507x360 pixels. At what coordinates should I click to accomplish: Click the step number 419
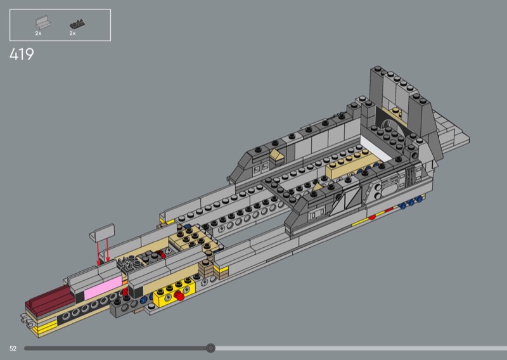coord(22,54)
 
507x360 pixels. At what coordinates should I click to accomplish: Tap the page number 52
coord(13,349)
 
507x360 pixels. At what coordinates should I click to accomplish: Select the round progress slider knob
coord(210,348)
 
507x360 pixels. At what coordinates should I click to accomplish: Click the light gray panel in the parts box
coord(43,23)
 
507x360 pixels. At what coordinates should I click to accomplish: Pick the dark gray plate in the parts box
coord(77,24)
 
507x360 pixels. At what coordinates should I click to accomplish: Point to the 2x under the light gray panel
coord(38,34)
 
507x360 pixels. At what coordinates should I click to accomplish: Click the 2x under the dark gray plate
coord(72,34)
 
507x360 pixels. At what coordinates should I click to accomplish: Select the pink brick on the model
coord(103,287)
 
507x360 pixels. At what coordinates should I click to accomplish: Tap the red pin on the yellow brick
coord(179,295)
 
